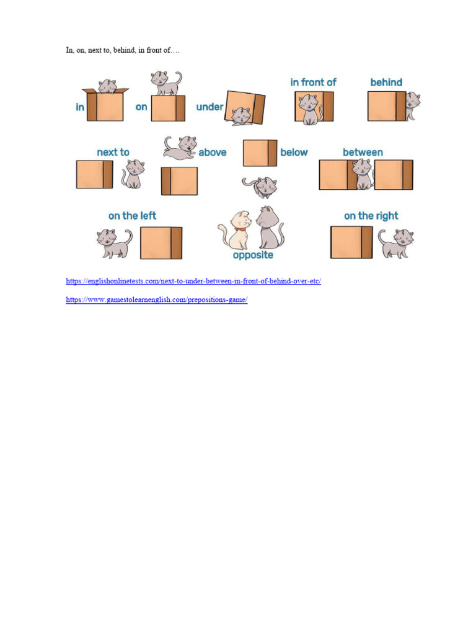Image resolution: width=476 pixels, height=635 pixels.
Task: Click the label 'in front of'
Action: coord(313,82)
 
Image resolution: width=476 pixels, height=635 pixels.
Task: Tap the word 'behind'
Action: coord(386,82)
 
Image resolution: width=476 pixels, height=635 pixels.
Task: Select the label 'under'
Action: coord(209,107)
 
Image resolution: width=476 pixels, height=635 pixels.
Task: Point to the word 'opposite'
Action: coord(253,255)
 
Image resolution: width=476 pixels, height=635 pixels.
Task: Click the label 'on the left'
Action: coord(132,216)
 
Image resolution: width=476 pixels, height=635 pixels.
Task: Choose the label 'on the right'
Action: coord(371,216)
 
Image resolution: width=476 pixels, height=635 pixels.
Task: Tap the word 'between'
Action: coord(363,152)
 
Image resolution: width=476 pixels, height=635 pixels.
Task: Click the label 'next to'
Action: coord(113,152)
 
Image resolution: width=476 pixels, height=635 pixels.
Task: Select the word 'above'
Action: coord(212,152)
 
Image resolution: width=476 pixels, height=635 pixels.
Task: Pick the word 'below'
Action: coord(294,152)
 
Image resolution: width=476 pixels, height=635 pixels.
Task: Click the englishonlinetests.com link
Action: coord(193,281)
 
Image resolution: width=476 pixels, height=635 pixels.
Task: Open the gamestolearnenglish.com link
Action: coord(157,300)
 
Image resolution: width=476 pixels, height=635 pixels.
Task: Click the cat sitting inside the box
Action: coord(108,86)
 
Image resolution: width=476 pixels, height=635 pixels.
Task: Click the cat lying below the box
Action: coord(260,186)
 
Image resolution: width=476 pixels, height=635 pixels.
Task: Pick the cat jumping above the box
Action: coord(179,147)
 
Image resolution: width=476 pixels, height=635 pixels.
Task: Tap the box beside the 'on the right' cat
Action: coord(351,242)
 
